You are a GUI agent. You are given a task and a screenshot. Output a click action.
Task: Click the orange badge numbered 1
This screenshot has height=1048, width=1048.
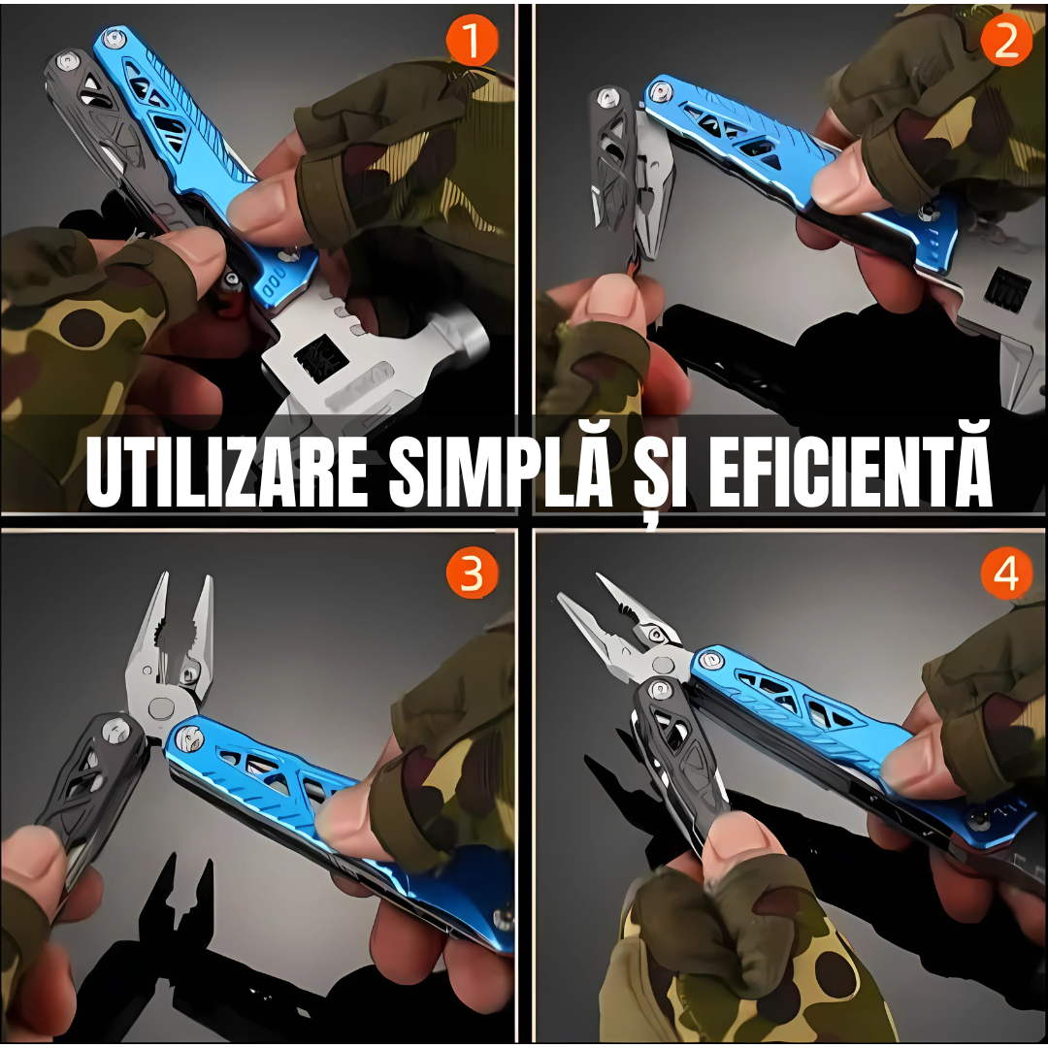(473, 40)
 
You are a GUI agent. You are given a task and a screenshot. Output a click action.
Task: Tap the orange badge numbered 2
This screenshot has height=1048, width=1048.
(1006, 40)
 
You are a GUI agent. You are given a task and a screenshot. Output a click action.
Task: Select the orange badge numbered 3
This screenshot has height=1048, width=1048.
(472, 573)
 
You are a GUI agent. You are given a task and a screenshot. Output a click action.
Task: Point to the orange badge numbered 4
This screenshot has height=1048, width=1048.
(1006, 573)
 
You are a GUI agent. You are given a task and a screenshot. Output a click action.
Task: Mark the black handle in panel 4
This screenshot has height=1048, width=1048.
(678, 755)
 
